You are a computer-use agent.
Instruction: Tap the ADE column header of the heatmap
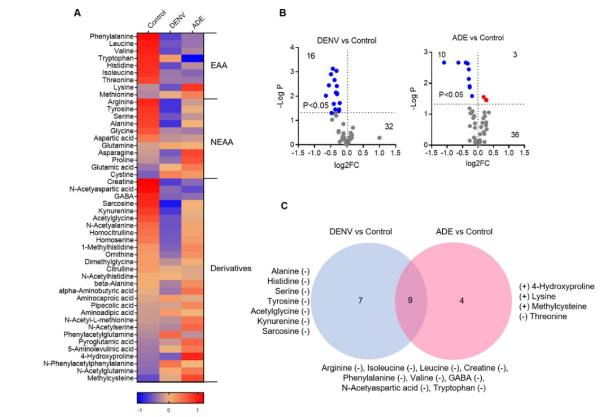pos(197,22)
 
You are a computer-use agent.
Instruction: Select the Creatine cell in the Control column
pos(149,182)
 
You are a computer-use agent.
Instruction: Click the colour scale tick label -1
pos(140,411)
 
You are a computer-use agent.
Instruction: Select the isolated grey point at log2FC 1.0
pos(380,137)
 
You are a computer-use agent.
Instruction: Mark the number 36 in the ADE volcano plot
pos(515,134)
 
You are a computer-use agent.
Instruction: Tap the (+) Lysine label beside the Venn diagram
pos(537,297)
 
